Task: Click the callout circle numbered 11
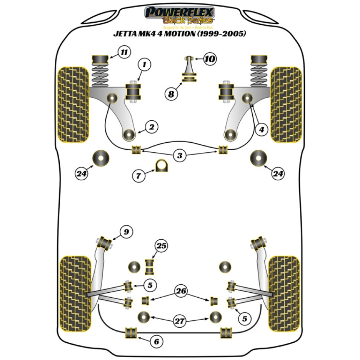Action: pyautogui.click(x=124, y=53)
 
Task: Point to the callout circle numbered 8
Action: pyautogui.click(x=171, y=94)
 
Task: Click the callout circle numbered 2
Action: pyautogui.click(x=151, y=127)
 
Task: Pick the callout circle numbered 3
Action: pyautogui.click(x=179, y=156)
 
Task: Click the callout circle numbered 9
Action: pyautogui.click(x=126, y=231)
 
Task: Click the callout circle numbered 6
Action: pyautogui.click(x=156, y=341)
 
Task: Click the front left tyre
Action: pyautogui.click(x=73, y=104)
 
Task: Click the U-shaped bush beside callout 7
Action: pyautogui.click(x=162, y=166)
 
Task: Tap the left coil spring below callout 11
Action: pyautogui.click(x=100, y=75)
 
